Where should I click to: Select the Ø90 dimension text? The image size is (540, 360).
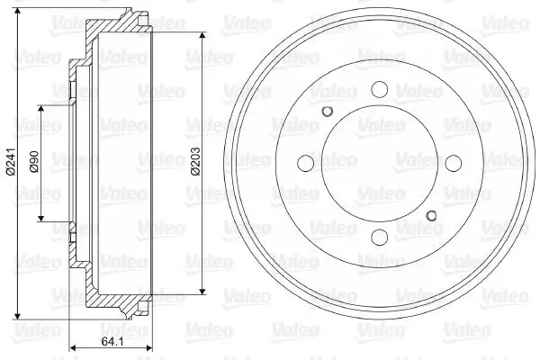[x=33, y=162]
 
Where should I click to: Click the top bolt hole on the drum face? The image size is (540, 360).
[x=378, y=89]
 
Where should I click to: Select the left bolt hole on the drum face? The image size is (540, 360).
[x=305, y=163]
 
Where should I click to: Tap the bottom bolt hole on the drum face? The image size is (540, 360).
[x=378, y=237]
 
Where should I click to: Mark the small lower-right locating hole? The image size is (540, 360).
[x=431, y=214]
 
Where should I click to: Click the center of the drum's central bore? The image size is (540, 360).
[x=378, y=163]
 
